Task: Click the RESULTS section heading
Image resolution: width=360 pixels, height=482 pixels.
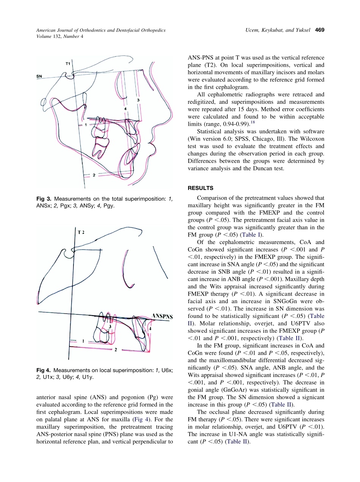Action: click(200, 188)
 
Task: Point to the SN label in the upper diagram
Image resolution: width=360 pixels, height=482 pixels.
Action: click(39, 76)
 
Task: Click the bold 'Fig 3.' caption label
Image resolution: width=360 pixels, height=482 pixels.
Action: click(44, 199)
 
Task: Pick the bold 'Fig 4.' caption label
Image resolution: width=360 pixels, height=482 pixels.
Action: click(44, 370)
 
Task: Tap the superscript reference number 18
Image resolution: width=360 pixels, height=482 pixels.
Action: click(251, 122)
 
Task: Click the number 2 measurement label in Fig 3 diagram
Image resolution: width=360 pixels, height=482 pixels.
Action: click(94, 175)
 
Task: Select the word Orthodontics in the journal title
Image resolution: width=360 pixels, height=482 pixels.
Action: click(94, 30)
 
